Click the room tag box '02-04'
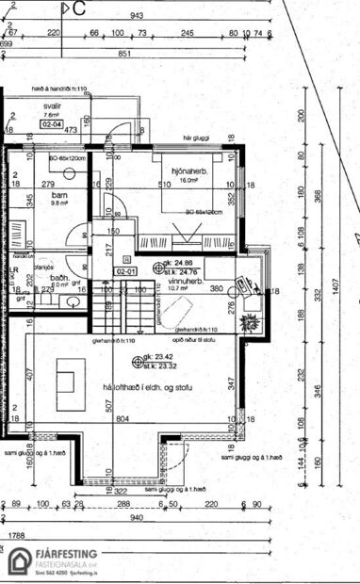(x=51, y=123)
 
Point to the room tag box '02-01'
(x=124, y=270)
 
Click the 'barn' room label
(x=59, y=193)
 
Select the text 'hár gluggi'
(x=195, y=138)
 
